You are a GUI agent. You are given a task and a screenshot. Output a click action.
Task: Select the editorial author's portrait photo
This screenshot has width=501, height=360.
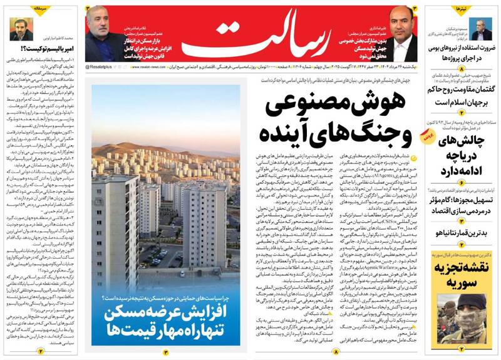18,28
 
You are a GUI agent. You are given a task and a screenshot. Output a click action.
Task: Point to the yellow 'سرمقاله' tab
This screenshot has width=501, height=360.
31,9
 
